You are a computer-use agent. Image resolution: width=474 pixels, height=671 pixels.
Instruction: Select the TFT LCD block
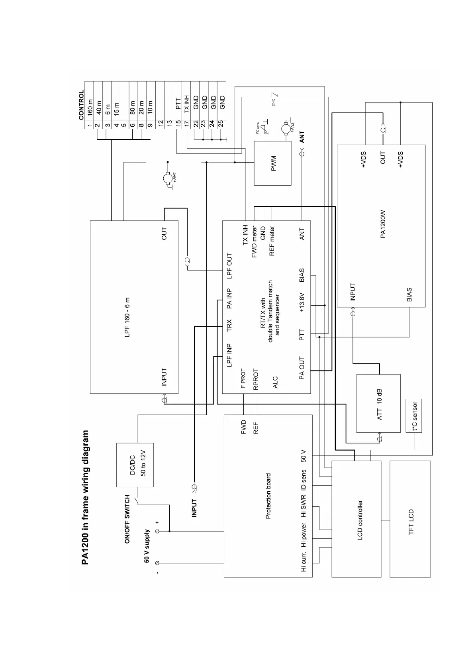(x=410, y=518)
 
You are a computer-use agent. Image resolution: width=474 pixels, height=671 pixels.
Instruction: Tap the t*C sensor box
(x=414, y=416)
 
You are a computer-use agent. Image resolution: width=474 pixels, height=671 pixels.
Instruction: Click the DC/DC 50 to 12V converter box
(x=135, y=465)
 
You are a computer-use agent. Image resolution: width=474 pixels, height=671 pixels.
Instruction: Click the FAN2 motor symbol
(x=286, y=129)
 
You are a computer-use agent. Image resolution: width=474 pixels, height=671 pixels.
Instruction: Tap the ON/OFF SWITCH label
(x=127, y=519)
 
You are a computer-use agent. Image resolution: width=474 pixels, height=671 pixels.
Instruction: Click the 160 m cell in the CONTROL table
(x=90, y=107)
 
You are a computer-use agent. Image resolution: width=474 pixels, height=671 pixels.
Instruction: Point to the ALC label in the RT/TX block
(x=275, y=382)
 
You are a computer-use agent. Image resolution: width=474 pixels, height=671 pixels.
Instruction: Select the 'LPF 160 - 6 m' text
(x=127, y=317)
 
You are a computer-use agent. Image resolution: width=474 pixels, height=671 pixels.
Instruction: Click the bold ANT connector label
(x=302, y=137)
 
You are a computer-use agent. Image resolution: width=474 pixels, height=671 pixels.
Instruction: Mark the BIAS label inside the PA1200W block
(x=409, y=295)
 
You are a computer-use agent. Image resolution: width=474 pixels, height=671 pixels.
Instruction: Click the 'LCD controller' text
(x=360, y=520)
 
